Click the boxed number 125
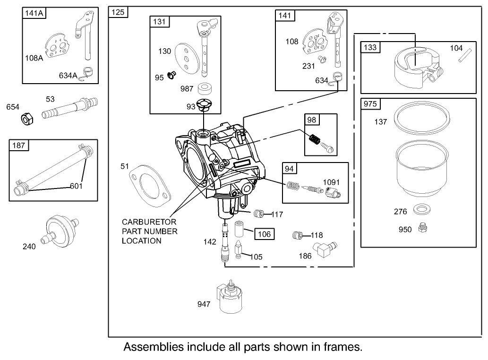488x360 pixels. (118, 13)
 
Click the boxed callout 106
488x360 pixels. (264, 233)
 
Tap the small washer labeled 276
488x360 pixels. (420, 210)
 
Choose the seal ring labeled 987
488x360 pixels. (205, 89)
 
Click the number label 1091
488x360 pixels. (332, 182)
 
